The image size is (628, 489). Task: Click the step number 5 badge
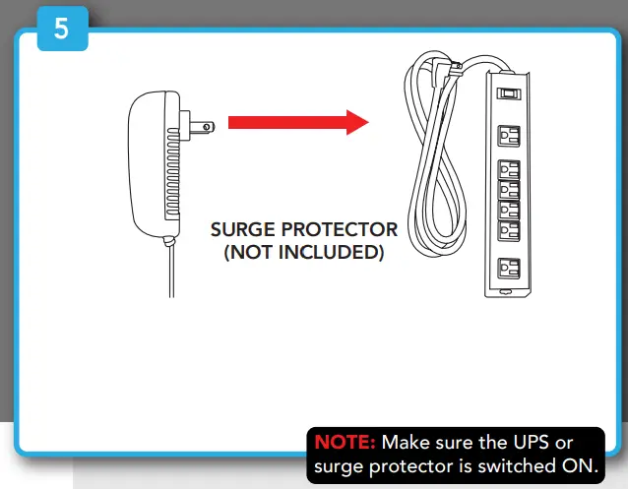pyautogui.click(x=62, y=29)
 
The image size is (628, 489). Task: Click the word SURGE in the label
pyautogui.click(x=243, y=230)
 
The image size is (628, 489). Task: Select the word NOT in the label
pyautogui.click(x=255, y=253)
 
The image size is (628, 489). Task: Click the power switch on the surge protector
pyautogui.click(x=507, y=95)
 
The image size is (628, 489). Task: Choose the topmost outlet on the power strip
pyautogui.click(x=508, y=135)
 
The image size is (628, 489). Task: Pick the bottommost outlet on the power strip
pyautogui.click(x=508, y=267)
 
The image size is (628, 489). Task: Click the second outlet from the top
pyautogui.click(x=508, y=168)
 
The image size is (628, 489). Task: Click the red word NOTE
pyautogui.click(x=345, y=443)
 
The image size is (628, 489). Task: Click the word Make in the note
pyautogui.click(x=406, y=443)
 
